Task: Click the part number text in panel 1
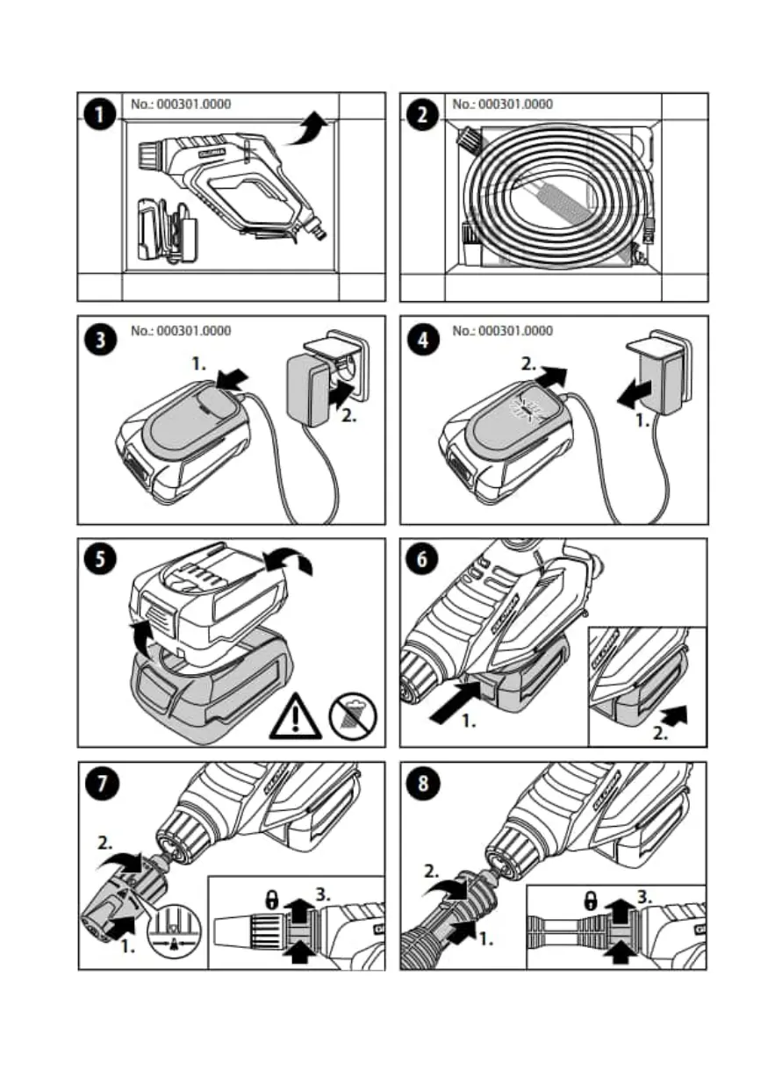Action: (x=181, y=104)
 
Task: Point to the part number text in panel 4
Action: (x=503, y=331)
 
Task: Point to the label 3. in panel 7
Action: (x=324, y=895)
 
